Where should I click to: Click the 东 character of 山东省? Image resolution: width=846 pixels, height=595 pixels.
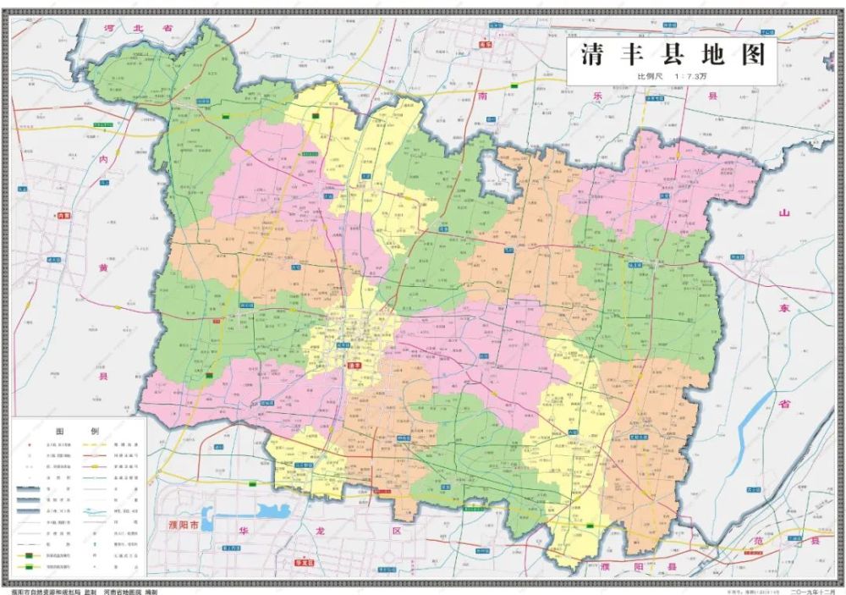pos(783,308)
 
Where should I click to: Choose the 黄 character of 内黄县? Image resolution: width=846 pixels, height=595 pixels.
pos(102,267)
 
